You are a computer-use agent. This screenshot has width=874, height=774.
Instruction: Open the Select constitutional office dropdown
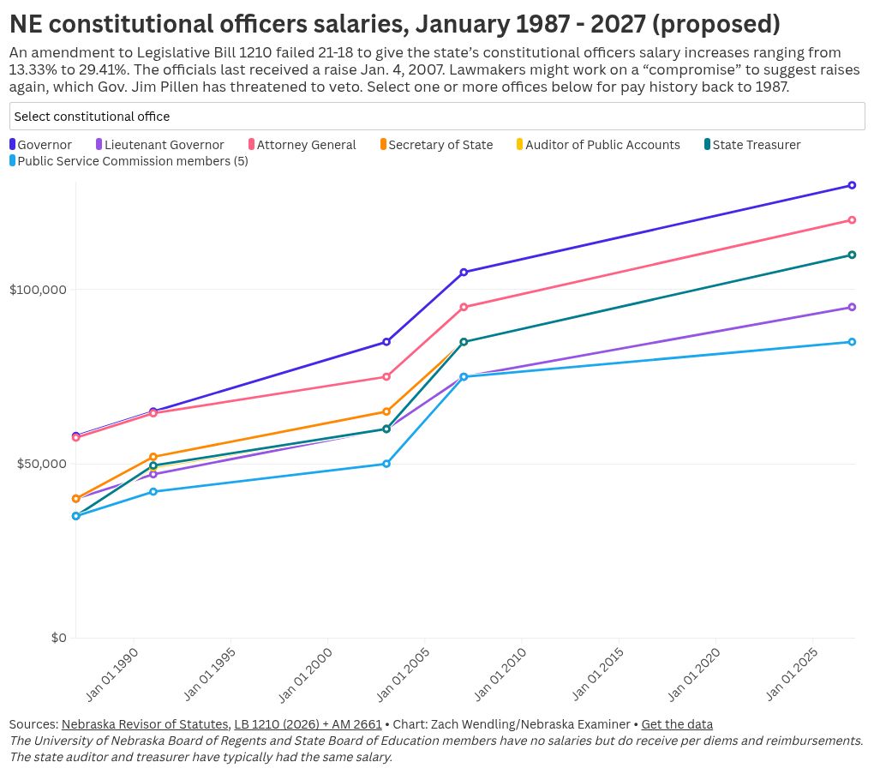pos(437,117)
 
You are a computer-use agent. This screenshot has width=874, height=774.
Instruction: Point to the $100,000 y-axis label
pos(38,290)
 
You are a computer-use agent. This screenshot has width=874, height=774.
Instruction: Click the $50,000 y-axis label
pos(41,464)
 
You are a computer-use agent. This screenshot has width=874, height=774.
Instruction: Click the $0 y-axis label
pos(58,638)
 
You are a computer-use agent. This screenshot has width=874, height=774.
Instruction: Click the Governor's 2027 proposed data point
pos(852,185)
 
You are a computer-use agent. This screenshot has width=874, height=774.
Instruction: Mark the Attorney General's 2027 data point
pos(852,220)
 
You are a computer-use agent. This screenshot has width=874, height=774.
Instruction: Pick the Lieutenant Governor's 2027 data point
pos(852,307)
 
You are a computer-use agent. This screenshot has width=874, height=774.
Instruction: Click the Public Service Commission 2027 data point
pos(852,342)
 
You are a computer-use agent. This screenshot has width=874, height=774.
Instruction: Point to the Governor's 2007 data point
pos(464,273)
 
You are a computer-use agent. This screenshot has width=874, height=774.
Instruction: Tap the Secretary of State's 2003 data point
pos(386,411)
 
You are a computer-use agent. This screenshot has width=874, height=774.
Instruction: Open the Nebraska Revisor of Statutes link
pos(145,724)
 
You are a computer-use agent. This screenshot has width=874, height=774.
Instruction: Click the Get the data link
pos(677,724)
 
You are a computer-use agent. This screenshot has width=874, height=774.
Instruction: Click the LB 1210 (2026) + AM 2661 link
pos(308,724)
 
